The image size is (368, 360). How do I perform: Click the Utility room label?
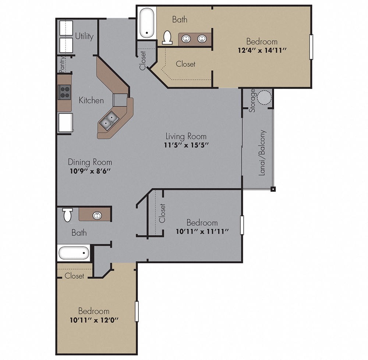(x=84, y=36)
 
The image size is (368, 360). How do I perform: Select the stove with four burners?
(x=65, y=92)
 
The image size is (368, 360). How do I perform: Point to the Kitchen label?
(x=91, y=100)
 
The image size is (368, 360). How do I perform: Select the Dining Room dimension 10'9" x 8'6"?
(x=90, y=171)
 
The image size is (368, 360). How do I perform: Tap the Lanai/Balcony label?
(x=262, y=153)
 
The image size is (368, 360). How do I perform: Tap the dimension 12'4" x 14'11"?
(x=262, y=50)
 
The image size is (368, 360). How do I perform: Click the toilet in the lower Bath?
(x=67, y=215)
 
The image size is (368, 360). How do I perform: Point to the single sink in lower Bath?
(x=97, y=215)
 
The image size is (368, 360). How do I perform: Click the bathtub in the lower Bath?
(x=73, y=253)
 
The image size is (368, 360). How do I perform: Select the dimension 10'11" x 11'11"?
(x=202, y=231)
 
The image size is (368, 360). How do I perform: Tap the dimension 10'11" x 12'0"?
(x=93, y=320)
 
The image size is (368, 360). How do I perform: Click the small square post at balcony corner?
(x=273, y=189)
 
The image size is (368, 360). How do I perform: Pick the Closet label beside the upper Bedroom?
(x=185, y=64)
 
